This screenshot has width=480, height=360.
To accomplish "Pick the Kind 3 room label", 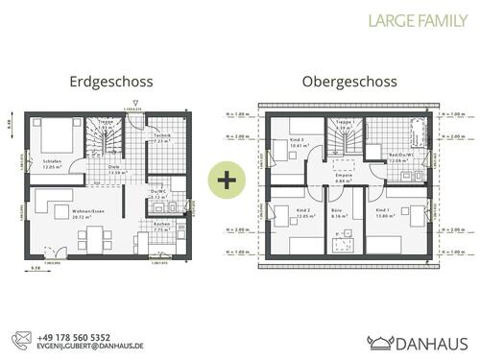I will [297, 142].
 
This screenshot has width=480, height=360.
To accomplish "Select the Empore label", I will [344, 177].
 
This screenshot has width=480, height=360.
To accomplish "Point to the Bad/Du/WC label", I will [398, 155].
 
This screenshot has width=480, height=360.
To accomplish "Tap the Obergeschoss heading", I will [350, 84].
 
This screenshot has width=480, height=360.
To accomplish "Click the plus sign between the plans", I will [227, 180].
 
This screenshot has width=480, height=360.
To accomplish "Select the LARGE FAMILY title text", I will [419, 18].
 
